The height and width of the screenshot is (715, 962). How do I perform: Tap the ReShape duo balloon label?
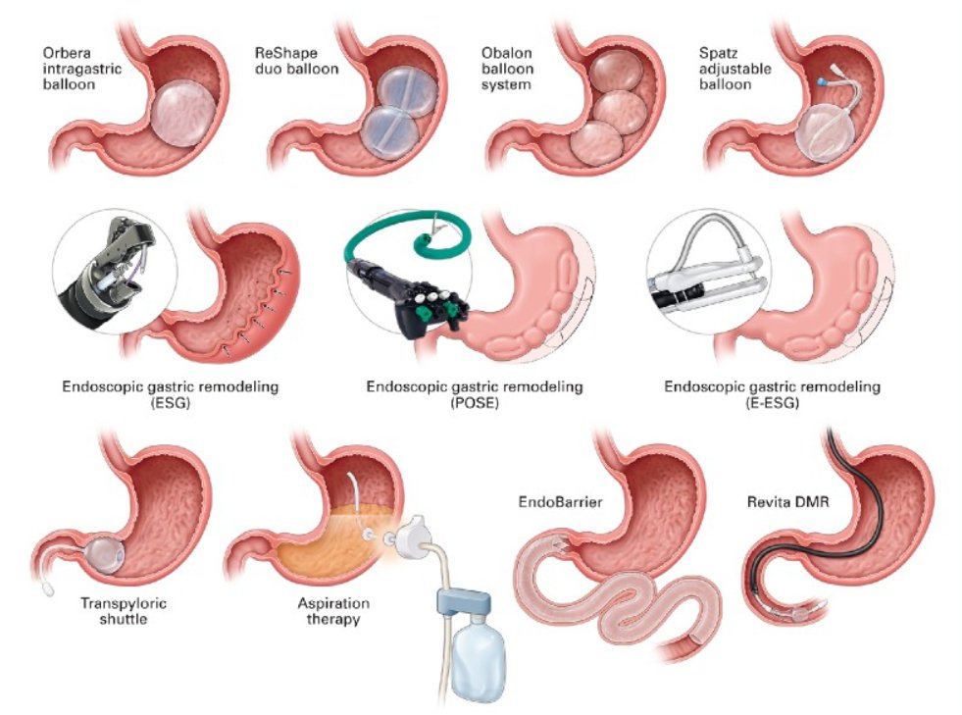click(296, 61)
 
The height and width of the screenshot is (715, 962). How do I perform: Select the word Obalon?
click(507, 53)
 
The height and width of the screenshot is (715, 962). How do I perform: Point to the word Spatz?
click(718, 53)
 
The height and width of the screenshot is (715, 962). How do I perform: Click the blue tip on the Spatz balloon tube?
click(822, 81)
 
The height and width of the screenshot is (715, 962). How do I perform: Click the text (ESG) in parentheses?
click(170, 403)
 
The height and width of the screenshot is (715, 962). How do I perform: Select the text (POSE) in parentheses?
click(475, 403)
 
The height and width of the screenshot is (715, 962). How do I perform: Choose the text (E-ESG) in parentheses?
click(772, 403)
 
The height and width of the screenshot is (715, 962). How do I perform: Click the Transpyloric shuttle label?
click(124, 611)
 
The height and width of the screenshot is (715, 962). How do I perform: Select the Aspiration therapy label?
click(333, 611)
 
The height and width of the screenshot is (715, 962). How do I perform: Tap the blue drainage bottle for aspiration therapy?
click(478, 658)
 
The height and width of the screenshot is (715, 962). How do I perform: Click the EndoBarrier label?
click(560, 502)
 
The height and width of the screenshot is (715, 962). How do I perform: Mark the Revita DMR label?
click(787, 502)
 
